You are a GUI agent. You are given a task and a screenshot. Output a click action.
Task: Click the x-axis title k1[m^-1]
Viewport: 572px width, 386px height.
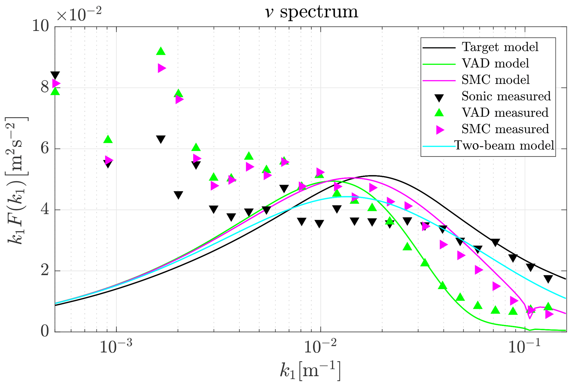click(x=310, y=371)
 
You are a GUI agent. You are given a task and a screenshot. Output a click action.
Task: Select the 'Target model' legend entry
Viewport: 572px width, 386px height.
click(x=500, y=47)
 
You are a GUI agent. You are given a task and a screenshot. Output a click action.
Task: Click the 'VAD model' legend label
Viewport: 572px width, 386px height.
click(x=495, y=63)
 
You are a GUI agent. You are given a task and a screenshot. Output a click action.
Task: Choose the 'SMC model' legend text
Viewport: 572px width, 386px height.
click(x=495, y=80)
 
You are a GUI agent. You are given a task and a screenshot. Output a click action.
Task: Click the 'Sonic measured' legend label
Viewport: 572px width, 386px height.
click(x=506, y=96)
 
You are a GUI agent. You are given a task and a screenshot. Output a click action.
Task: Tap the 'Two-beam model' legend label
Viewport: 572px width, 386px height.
click(x=504, y=145)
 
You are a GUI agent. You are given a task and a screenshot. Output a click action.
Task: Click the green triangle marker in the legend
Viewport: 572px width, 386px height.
click(x=439, y=113)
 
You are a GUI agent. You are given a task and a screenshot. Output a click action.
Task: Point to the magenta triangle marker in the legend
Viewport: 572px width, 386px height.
click(x=439, y=129)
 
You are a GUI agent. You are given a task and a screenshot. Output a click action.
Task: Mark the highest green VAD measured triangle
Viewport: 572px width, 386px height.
click(x=161, y=51)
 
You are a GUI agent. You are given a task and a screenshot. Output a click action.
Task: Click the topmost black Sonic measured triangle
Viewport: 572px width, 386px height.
click(x=55, y=75)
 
